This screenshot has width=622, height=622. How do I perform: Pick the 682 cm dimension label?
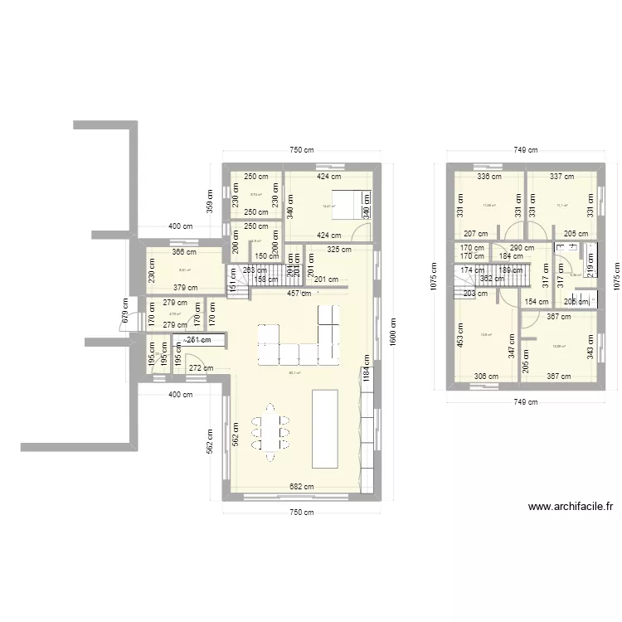point(301,488)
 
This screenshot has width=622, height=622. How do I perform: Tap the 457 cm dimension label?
point(299,293)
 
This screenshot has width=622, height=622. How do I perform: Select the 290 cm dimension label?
point(522,248)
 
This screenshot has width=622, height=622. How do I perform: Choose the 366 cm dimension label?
point(184,252)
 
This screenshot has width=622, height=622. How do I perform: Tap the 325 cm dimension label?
point(340,249)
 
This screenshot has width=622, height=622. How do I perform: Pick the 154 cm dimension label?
point(537,301)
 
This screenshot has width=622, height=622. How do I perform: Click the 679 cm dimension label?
point(126,311)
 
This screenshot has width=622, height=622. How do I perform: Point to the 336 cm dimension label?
point(488,176)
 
